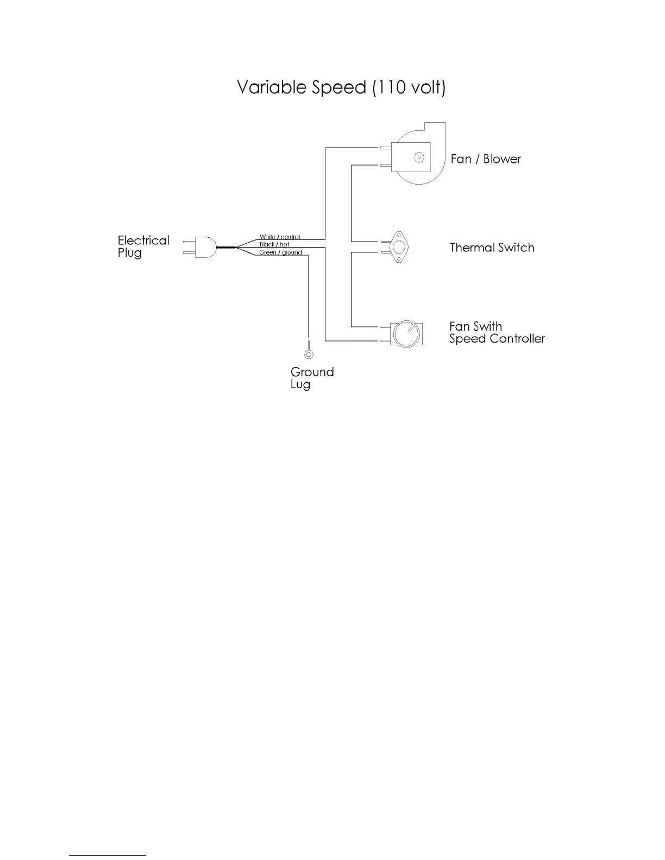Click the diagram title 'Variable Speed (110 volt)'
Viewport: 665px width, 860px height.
(341, 87)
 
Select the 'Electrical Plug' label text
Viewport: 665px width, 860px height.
(143, 246)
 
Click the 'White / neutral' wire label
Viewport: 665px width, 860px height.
(279, 237)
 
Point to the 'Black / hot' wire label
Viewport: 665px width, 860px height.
(274, 245)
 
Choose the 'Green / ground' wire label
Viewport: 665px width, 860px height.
(280, 252)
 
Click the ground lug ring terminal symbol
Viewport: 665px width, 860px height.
(309, 355)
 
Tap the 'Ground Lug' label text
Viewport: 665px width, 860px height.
(312, 378)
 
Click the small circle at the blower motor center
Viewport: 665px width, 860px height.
(419, 157)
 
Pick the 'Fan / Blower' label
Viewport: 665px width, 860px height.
(486, 159)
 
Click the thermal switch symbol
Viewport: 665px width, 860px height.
(399, 248)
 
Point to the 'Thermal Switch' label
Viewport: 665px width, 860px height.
(492, 248)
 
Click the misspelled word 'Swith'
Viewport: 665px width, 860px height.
(488, 326)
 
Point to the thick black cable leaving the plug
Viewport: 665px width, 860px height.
(227, 247)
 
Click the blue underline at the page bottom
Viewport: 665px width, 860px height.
(108, 855)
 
